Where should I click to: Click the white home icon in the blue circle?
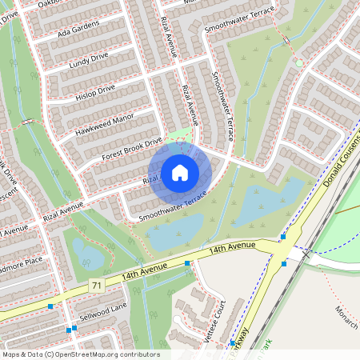tap(180, 172)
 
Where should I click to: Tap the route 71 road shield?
tap(97, 286)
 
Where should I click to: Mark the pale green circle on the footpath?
tap(299, 62)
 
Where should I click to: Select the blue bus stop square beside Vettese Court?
tap(233, 342)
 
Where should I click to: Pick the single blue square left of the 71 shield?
tap(51, 306)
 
